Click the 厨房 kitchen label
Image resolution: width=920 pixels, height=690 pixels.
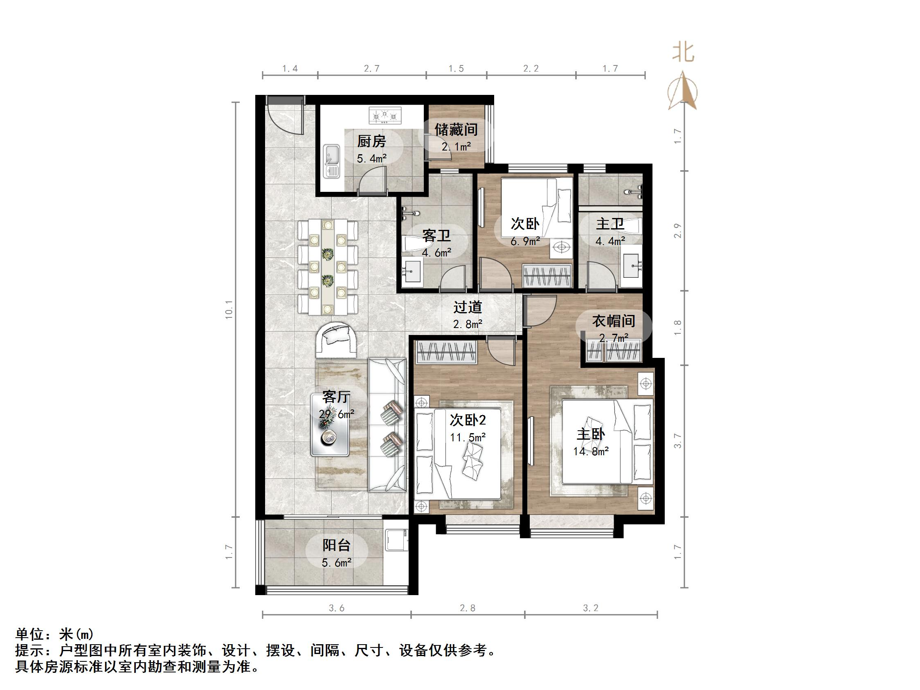pos(371,142)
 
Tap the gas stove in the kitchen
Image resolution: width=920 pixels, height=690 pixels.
pos(385,116)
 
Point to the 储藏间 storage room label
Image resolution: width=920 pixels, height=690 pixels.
pos(456,130)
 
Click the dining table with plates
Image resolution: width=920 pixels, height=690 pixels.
pos(328,267)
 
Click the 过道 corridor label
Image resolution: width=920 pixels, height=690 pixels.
pos(468,307)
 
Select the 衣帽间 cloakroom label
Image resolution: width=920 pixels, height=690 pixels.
pos(614,321)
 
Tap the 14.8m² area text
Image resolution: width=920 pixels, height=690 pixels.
pos(591,451)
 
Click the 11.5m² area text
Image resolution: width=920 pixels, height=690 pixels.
pos(468,438)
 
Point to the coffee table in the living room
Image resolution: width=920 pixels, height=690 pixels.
pos(331,425)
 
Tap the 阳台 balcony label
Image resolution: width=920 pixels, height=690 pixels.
pos(337,545)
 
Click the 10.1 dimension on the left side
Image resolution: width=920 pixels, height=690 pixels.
pos(229,310)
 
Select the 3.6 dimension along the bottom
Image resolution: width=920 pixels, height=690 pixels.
pos(337,609)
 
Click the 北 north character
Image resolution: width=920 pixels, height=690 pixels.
pos(683,53)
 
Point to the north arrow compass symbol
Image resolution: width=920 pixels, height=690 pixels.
pos(682,92)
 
